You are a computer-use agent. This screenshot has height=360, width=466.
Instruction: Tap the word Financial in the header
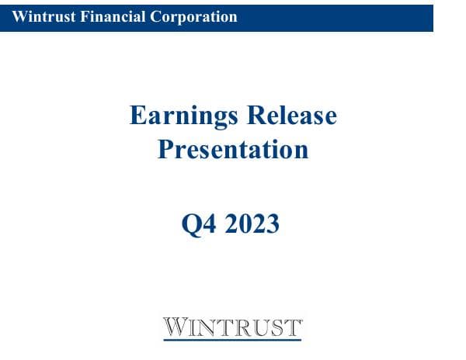[x=102, y=16]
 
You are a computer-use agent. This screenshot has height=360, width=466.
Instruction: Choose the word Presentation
[x=233, y=148]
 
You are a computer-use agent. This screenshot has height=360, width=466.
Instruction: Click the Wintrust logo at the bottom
[x=232, y=326]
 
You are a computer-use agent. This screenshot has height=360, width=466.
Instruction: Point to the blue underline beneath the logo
[x=232, y=339]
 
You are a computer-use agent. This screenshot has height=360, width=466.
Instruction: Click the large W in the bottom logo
[x=174, y=325]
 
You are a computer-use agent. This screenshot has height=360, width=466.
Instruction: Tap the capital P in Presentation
[x=165, y=148]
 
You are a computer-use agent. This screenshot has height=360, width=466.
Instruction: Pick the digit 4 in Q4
[x=207, y=224]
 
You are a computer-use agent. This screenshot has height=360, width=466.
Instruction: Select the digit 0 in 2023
[x=245, y=224]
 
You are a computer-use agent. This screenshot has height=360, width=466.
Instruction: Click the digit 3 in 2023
[x=273, y=224]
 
